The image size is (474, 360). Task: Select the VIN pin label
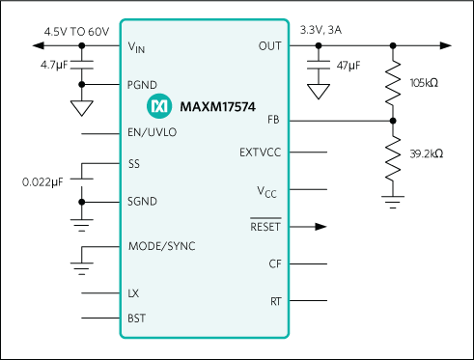click(x=138, y=46)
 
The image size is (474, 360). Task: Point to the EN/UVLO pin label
click(x=153, y=133)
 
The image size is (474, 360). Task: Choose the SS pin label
click(x=134, y=164)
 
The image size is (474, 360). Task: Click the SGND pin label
click(x=143, y=202)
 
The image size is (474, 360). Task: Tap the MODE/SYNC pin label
click(x=161, y=246)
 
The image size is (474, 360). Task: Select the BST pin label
click(x=137, y=317)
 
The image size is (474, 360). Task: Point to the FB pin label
click(x=274, y=121)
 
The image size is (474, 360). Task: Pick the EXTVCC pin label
click(x=260, y=152)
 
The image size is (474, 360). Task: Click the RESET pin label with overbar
click(x=265, y=228)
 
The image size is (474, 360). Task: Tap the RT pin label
click(x=275, y=301)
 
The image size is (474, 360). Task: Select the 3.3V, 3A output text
click(x=322, y=32)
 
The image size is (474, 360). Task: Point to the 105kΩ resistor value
click(x=426, y=84)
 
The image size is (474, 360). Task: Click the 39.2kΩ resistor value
click(x=426, y=153)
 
